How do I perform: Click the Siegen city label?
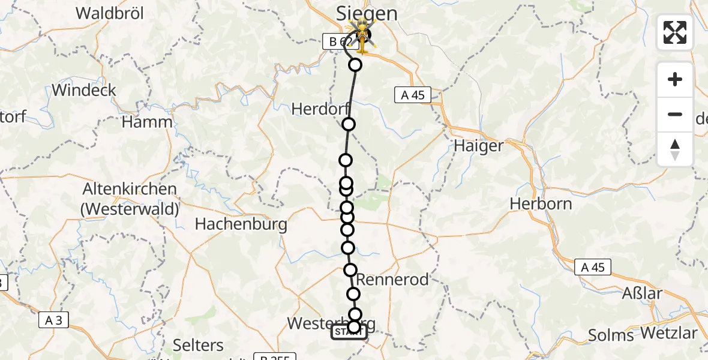(x=367, y=13)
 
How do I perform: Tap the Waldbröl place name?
(x=108, y=13)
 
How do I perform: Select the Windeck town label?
(x=84, y=90)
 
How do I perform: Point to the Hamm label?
(x=147, y=122)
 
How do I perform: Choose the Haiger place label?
(x=478, y=145)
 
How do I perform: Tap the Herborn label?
(x=541, y=203)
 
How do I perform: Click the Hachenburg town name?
(x=241, y=224)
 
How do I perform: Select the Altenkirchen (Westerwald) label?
(x=130, y=199)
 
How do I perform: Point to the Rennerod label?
(x=393, y=280)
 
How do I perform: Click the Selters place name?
(x=198, y=345)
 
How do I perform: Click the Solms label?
(x=611, y=335)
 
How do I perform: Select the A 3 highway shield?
(x=53, y=320)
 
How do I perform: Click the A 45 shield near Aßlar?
(x=592, y=268)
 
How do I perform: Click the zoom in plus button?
(x=675, y=79)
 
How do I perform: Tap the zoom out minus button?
(x=675, y=114)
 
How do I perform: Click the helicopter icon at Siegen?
(x=362, y=35)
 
